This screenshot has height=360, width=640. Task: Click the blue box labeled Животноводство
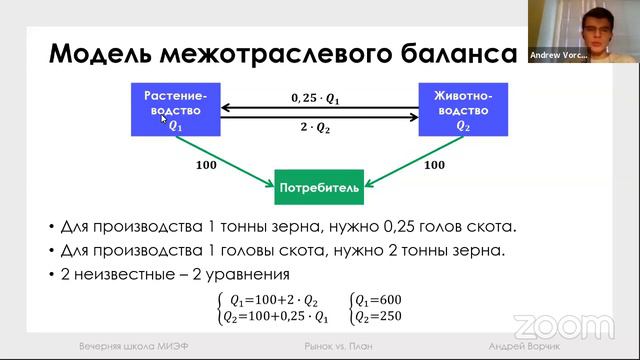point(463,110)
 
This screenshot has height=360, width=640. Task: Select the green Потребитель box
point(318,186)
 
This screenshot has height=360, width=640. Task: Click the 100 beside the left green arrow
point(206,165)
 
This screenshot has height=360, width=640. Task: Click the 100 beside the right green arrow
point(434,165)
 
